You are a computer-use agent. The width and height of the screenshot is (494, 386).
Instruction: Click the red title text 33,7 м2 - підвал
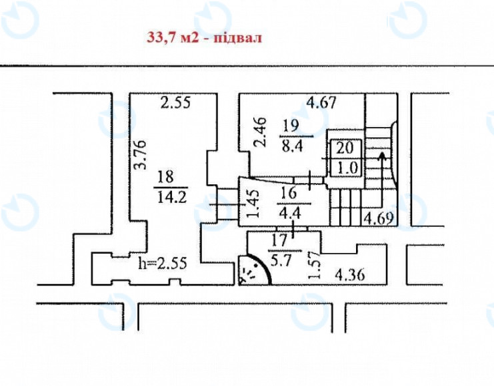tap(204, 37)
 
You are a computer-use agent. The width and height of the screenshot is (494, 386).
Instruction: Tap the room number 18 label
tap(167, 177)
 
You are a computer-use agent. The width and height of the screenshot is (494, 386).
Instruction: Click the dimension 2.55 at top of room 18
tap(176, 103)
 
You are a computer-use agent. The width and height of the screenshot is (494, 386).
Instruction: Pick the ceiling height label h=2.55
tap(162, 262)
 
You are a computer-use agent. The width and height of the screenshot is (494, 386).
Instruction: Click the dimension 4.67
tap(321, 103)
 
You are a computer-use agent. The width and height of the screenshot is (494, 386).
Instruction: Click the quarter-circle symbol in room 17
tap(253, 270)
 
